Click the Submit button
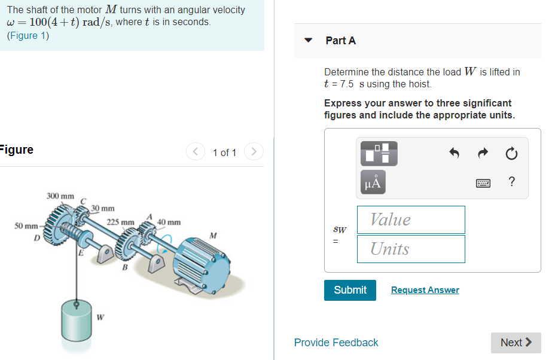tap(350, 290)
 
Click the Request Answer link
tap(425, 290)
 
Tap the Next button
tap(516, 343)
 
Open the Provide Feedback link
tap(336, 343)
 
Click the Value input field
tap(411, 219)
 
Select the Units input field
tap(411, 249)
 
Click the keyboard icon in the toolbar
tap(483, 184)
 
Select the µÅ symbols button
tap(372, 182)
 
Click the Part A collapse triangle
tap(309, 41)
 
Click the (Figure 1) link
tap(28, 35)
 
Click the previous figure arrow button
tap(196, 152)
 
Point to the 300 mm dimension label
tap(60, 196)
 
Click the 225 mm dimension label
tap(120, 222)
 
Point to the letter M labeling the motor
tap(212, 235)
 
